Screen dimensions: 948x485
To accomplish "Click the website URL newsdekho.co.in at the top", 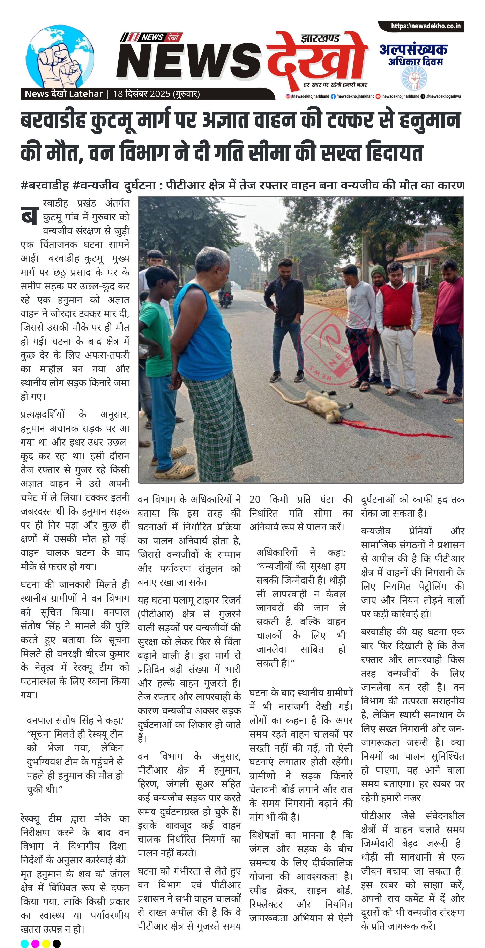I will click(x=425, y=26).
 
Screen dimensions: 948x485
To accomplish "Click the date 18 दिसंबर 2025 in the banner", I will click(x=156, y=94).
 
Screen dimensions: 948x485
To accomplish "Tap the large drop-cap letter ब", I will click(x=29, y=215).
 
